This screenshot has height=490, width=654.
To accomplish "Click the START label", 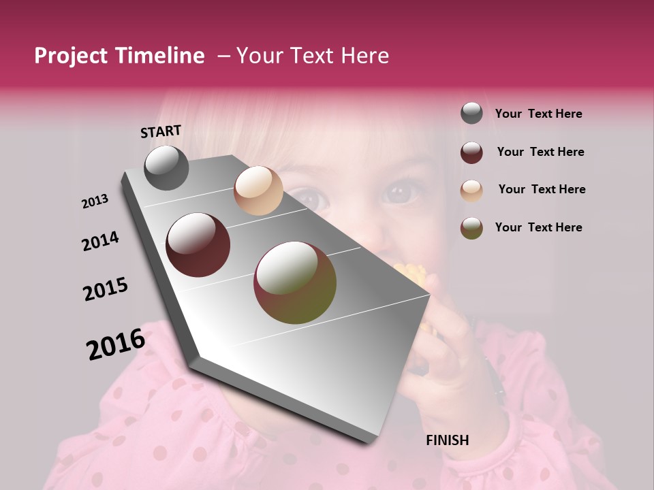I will (x=161, y=131).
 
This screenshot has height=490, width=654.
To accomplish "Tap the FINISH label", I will (x=447, y=440).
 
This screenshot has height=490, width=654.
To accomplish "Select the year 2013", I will (x=95, y=201).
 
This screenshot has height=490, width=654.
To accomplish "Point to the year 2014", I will (x=100, y=241).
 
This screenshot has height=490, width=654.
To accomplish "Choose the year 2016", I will (x=116, y=344).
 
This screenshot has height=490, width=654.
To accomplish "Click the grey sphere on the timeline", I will (x=166, y=167).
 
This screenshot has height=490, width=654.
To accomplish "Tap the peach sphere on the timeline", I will (x=258, y=191).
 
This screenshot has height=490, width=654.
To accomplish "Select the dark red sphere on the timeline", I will (x=198, y=245).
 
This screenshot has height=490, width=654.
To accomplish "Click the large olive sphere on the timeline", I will (x=295, y=282).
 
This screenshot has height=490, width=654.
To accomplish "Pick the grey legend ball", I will (x=471, y=114).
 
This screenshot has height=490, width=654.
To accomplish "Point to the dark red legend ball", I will (x=471, y=152).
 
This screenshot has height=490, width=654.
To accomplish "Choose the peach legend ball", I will (x=471, y=190).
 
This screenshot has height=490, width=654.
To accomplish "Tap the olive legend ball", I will (x=471, y=228).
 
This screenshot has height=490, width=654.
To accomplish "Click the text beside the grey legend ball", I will (x=538, y=114).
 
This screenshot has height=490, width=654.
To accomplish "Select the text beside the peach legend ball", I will (x=542, y=189).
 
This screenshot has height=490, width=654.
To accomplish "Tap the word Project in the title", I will (x=71, y=56).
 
